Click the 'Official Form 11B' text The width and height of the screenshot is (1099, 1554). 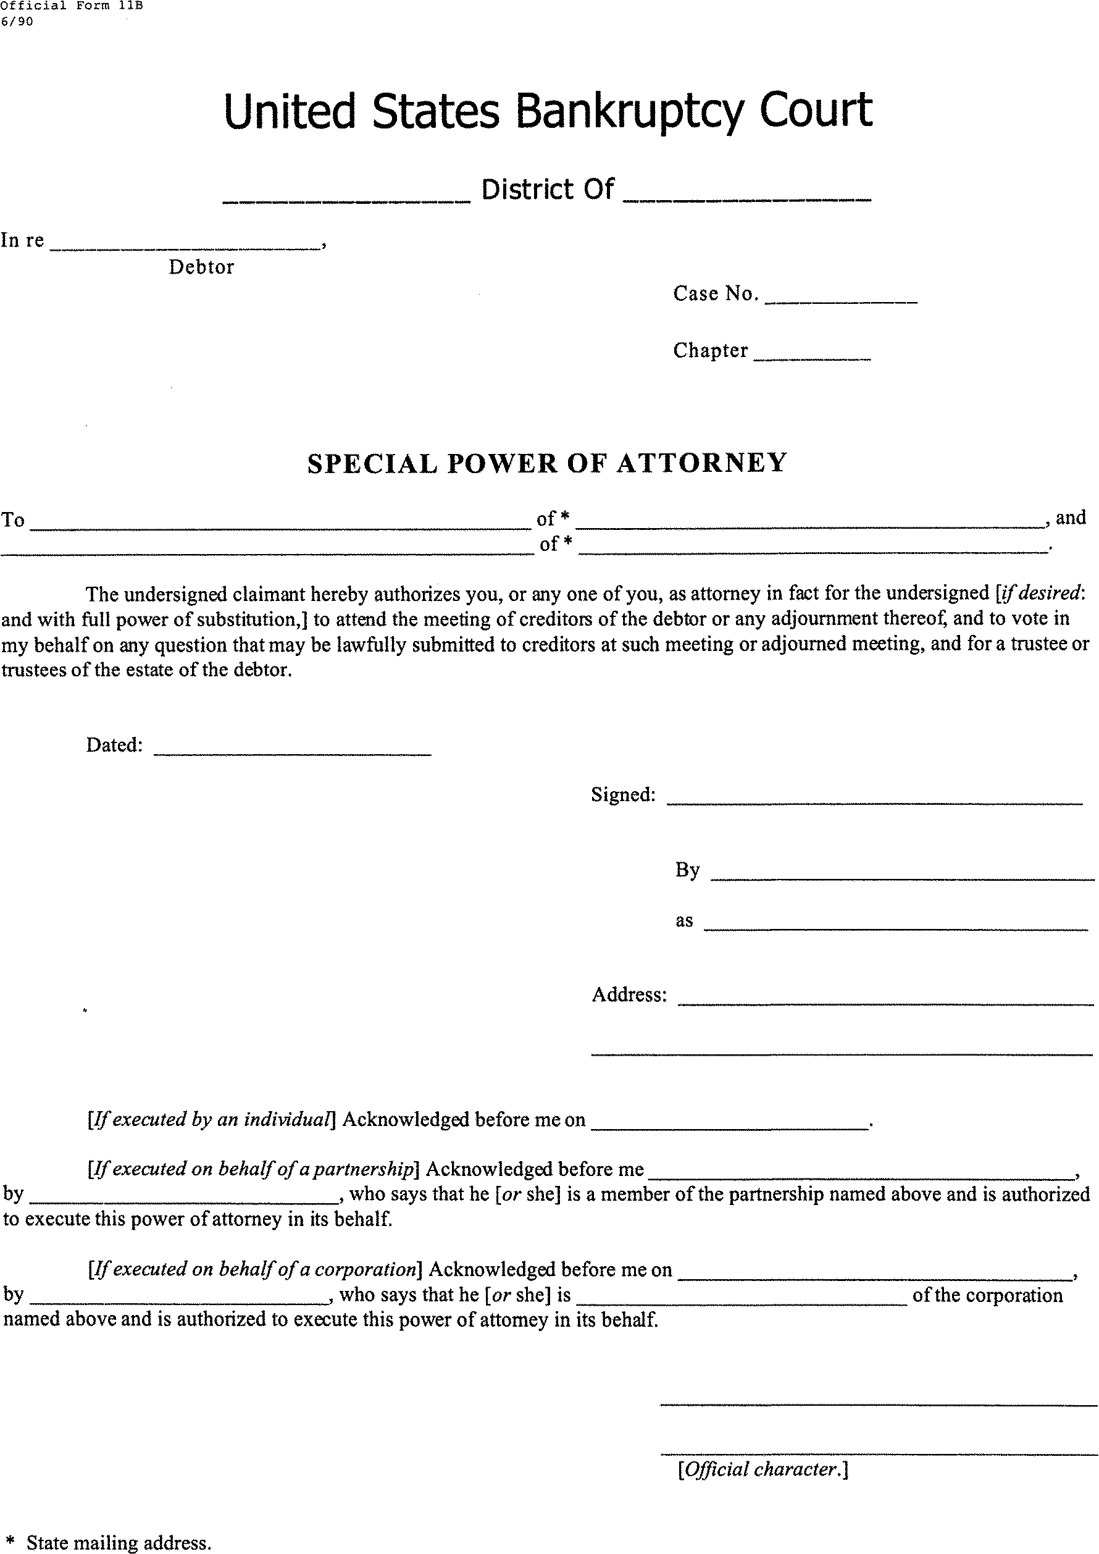(71, 7)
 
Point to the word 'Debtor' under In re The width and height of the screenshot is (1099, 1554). (201, 267)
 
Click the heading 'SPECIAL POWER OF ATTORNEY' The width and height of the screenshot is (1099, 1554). (547, 464)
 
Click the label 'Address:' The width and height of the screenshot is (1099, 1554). (629, 995)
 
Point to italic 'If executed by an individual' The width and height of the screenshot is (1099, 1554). (211, 1119)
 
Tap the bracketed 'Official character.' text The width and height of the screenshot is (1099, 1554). (763, 1469)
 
